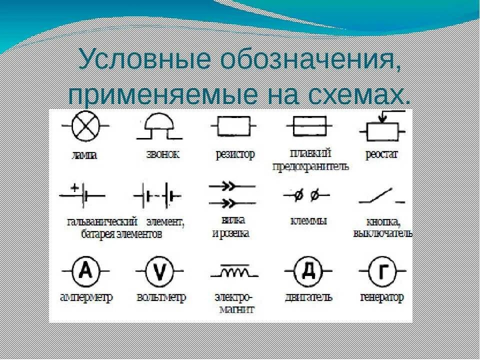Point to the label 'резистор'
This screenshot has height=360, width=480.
[234, 154]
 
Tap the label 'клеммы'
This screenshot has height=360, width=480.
[308, 220]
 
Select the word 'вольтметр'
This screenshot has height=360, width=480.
[161, 297]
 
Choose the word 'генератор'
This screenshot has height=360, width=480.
[382, 297]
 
